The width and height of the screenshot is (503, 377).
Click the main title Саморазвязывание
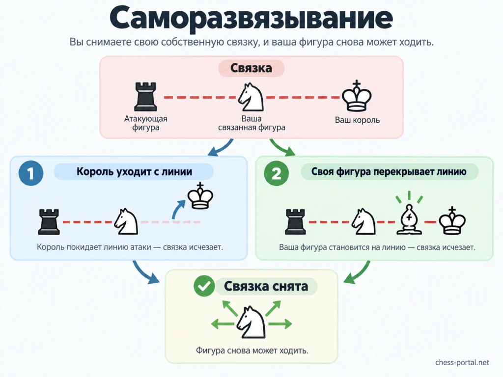(251, 18)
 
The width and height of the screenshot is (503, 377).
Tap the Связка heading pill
(251, 68)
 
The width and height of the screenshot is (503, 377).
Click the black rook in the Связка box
(145, 97)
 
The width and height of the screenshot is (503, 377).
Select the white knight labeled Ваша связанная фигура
(251, 97)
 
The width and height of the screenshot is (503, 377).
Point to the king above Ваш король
(357, 96)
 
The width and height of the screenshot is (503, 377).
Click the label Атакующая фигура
(145, 123)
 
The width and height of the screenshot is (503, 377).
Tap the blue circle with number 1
(31, 173)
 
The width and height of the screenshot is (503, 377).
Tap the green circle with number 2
(276, 173)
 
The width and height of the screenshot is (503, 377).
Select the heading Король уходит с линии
(134, 171)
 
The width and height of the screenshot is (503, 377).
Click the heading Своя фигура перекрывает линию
(389, 171)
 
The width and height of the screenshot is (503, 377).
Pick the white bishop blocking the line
(409, 219)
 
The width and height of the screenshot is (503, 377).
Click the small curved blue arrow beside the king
(178, 209)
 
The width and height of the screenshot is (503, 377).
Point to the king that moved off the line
(200, 196)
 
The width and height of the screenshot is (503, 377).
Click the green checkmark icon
(204, 286)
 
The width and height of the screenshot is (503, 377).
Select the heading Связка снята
(266, 286)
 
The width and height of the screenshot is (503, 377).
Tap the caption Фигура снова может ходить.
(252, 350)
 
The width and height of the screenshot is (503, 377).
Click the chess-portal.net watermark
(462, 363)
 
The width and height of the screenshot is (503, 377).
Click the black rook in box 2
(295, 222)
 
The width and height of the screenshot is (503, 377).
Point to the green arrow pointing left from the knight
(223, 324)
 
